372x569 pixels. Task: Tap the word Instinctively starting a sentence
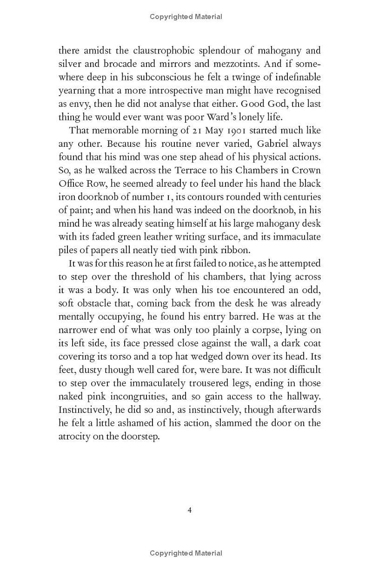point(88,410)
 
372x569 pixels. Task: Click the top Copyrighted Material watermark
point(186,17)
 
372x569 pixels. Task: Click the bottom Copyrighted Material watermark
point(186,553)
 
